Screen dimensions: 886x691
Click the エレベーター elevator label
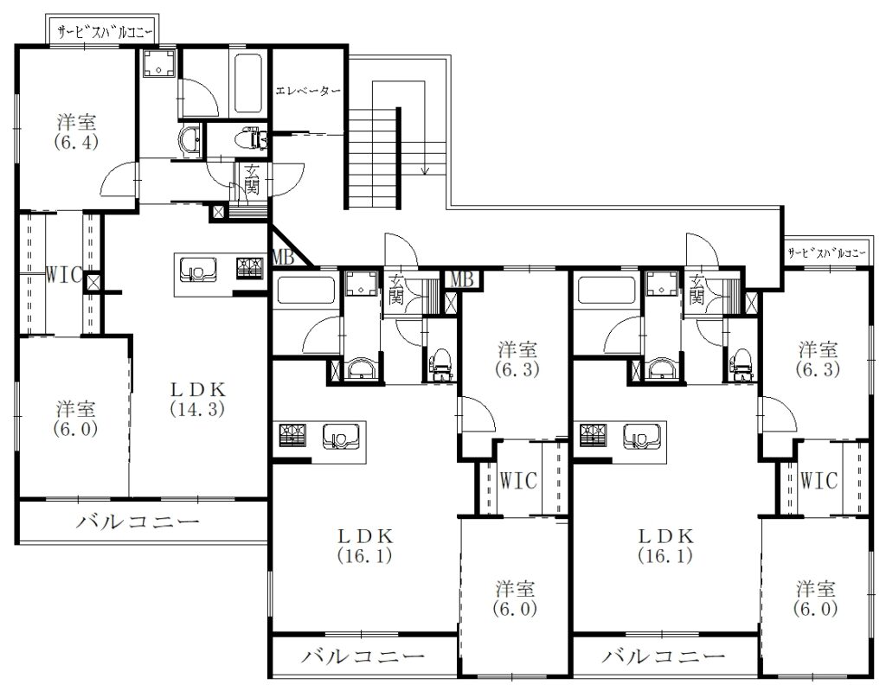click(308, 91)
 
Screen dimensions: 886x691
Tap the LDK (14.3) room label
click(198, 399)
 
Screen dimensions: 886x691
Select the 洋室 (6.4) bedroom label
click(76, 131)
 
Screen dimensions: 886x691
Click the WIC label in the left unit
click(62, 275)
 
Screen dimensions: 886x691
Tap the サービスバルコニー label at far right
click(826, 253)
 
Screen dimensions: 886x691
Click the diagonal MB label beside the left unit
click(283, 258)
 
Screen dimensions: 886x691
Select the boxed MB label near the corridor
click(463, 279)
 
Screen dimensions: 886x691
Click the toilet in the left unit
click(254, 138)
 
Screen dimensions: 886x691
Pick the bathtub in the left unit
click(247, 83)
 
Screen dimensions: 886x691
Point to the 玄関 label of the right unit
click(697, 290)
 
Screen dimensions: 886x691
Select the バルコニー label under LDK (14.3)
click(138, 521)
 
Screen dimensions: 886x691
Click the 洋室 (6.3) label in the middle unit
click(517, 360)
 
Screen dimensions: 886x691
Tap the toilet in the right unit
click(741, 364)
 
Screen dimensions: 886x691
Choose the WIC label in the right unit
click(819, 481)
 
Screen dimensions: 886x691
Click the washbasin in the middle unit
click(358, 369)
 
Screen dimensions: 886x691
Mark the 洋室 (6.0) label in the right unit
click(815, 598)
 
